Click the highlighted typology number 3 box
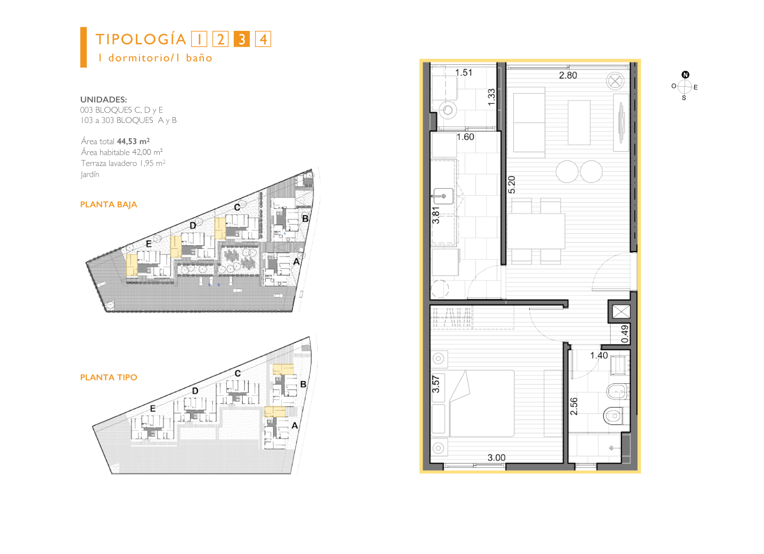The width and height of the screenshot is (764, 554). [242, 39]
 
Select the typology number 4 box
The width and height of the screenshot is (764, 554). [263, 39]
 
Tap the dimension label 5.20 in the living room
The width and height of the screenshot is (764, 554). [511, 185]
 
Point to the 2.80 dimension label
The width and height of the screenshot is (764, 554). [568, 76]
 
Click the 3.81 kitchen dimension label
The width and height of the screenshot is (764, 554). [436, 216]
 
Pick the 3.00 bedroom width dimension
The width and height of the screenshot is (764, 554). [496, 458]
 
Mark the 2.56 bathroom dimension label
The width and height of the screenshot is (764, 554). [574, 407]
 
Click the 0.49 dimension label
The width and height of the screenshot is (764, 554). [625, 334]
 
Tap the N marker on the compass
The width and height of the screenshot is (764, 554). [685, 75]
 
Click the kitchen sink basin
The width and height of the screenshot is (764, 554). [443, 196]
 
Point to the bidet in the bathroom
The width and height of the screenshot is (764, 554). [618, 391]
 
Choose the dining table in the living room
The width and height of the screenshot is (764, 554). [536, 231]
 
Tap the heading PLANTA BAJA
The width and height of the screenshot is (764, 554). [109, 204]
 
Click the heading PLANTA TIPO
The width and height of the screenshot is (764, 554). [109, 377]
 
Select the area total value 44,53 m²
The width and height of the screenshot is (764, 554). [133, 141]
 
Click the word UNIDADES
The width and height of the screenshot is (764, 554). [103, 100]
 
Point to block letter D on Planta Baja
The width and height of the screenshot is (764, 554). [193, 225]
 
